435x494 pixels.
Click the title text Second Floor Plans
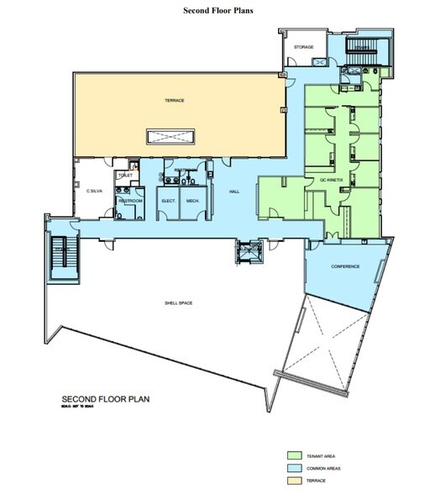point(217,13)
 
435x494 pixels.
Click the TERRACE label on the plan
point(174,101)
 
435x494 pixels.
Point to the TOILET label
point(126,175)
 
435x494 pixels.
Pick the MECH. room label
point(191,202)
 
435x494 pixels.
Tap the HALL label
point(234,192)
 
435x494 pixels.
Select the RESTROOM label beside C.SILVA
point(128,201)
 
